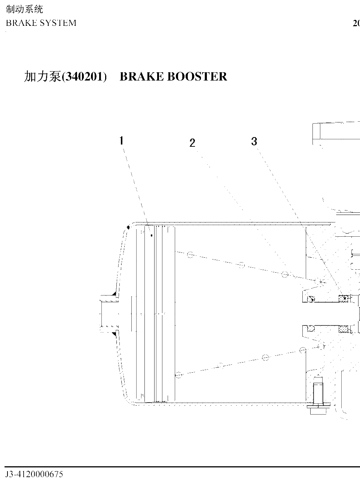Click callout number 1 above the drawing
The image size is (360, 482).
coord(122,140)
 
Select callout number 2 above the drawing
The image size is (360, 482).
coord(192,143)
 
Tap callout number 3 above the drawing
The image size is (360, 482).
coord(254,142)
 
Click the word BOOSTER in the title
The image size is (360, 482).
coord(197,77)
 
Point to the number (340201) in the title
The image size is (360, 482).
coord(84,77)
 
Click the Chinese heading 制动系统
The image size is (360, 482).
coord(24,9)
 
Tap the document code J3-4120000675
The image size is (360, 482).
coord(34,474)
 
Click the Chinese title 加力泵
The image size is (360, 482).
coord(43,76)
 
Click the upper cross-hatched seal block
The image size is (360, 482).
coord(344,298)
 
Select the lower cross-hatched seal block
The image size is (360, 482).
coord(344,329)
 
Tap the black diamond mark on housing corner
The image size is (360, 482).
coord(128,227)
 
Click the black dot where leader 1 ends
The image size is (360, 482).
coord(152,236)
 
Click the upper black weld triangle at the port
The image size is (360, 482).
coord(114,294)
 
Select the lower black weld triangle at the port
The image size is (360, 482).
coord(114,334)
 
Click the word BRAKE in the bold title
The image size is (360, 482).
coord(142,77)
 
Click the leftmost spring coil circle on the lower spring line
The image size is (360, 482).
coord(179,375)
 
